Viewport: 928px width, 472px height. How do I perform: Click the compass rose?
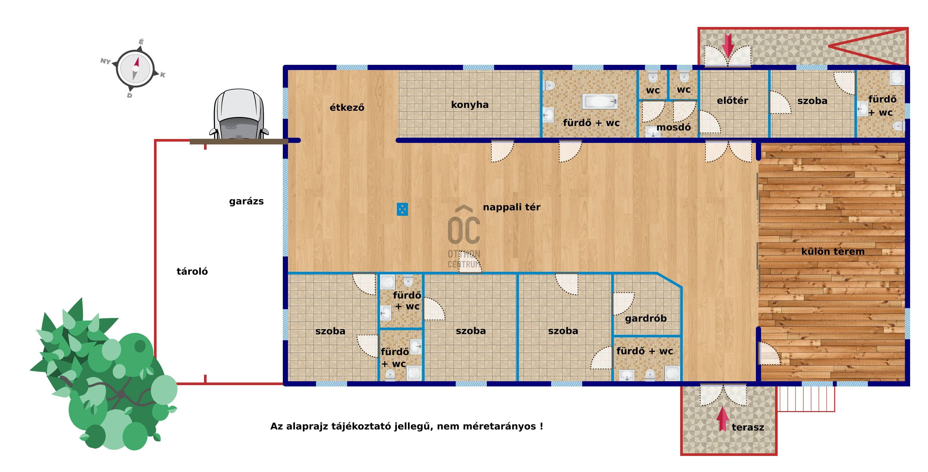click(x=135, y=69)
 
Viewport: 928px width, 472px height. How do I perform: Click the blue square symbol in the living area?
click(x=402, y=209)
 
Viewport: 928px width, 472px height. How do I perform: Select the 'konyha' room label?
click(x=470, y=105)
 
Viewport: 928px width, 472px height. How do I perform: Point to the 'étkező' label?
click(x=347, y=107)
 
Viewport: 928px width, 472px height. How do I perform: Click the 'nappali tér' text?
click(x=511, y=207)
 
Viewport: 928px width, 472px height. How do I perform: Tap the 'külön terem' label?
click(x=833, y=252)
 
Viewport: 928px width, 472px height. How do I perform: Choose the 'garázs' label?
click(x=247, y=202)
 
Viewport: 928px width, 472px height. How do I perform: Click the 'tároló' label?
click(x=192, y=271)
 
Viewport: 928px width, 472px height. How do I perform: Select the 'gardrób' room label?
click(x=645, y=318)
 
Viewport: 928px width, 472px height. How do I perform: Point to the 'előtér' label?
click(x=732, y=101)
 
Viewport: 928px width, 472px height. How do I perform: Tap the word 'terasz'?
click(x=748, y=427)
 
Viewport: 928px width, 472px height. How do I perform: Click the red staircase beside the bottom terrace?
click(x=806, y=399)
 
